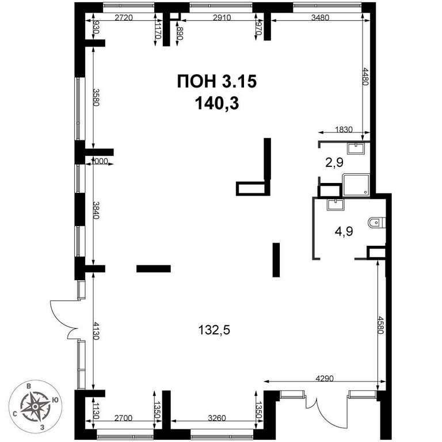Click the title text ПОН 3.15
[217, 82]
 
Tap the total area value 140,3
[217, 103]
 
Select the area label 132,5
[214, 330]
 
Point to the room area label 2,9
[334, 162]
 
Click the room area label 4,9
[344, 232]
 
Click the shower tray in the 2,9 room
[356, 185]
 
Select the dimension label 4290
[325, 378]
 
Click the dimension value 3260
[217, 418]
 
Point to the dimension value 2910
[222, 17]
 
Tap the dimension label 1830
[344, 129]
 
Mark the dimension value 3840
[97, 210]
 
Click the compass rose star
[35, 406]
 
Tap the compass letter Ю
[55, 401]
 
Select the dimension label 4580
[381, 325]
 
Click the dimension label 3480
[320, 17]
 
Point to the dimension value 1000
[99, 161]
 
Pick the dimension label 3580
[97, 97]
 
